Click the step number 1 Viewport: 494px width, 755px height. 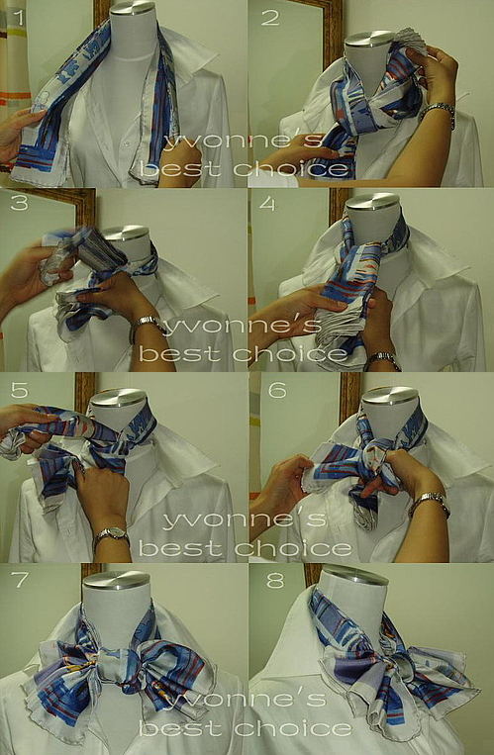(18, 18)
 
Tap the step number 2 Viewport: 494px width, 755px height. (270, 18)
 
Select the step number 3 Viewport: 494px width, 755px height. (19, 203)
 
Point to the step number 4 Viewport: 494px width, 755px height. (268, 203)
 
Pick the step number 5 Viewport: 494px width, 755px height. (19, 390)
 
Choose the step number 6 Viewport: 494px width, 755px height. (277, 390)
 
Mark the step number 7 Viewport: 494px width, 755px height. (20, 581)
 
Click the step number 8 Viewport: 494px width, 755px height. (275, 581)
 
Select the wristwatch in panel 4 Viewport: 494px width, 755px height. (382, 359)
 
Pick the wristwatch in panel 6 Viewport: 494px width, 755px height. (430, 502)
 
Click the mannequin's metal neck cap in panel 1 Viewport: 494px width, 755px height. (134, 7)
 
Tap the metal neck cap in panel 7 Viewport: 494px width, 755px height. (117, 580)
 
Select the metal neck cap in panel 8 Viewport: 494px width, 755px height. (354, 574)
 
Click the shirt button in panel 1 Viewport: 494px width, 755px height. (126, 143)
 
